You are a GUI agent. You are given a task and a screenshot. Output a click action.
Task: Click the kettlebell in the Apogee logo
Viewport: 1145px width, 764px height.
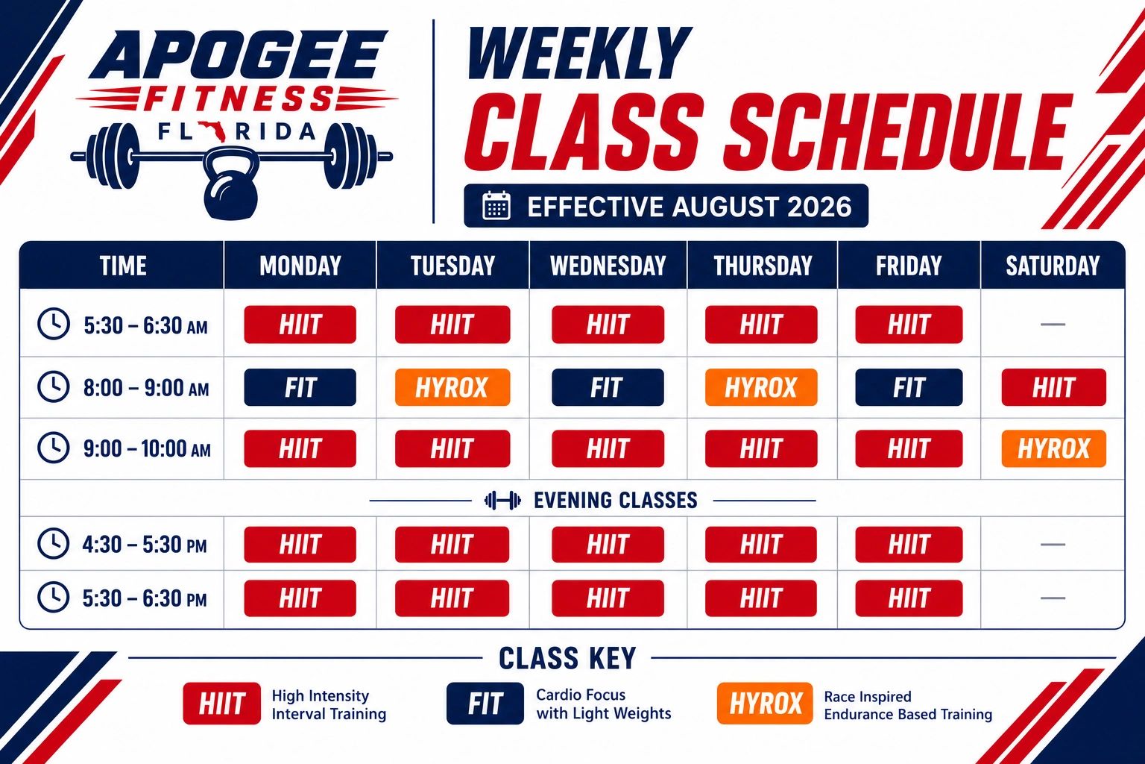coord(231,184)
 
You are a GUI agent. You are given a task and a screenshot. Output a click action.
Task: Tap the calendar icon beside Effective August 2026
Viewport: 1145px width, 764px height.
coord(496,206)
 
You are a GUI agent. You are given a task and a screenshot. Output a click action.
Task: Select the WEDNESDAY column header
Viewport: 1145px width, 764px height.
coord(608,266)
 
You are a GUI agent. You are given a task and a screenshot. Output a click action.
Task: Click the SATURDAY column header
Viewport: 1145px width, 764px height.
coord(1053,266)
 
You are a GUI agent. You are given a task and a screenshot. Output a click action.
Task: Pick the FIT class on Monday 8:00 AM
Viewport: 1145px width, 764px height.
coord(300,387)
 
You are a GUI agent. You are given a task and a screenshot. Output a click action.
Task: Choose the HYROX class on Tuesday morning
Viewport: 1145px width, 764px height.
coord(452,387)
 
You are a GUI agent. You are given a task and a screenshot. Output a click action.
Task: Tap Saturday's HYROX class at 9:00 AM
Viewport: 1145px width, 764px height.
coord(1053,449)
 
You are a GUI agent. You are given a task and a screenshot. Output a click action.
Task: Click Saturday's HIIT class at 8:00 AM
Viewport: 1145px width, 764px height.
coord(1053,387)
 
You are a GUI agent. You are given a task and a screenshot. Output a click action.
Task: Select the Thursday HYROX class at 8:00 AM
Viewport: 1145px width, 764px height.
coord(761,387)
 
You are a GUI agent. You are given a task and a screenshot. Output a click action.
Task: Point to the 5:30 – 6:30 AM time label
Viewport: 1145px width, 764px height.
coord(145,325)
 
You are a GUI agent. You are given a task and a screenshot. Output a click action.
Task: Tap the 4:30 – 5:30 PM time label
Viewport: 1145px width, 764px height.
coord(145,544)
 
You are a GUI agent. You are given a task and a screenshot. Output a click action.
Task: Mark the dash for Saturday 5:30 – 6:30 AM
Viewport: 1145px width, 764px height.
coord(1053,325)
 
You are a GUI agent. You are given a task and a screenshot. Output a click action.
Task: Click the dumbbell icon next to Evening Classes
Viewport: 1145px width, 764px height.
coord(502,501)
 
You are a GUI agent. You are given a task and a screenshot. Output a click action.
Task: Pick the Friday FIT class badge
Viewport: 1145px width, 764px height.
coord(909,387)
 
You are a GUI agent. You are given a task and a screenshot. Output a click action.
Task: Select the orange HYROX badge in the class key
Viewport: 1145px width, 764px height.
coord(765,703)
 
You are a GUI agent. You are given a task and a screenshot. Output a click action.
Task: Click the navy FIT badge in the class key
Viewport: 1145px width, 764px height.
coord(485,703)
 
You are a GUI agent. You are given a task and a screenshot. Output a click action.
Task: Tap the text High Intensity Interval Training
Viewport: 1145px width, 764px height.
coord(329,704)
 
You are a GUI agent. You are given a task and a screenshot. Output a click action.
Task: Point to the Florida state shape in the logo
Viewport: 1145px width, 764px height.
coord(212,131)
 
